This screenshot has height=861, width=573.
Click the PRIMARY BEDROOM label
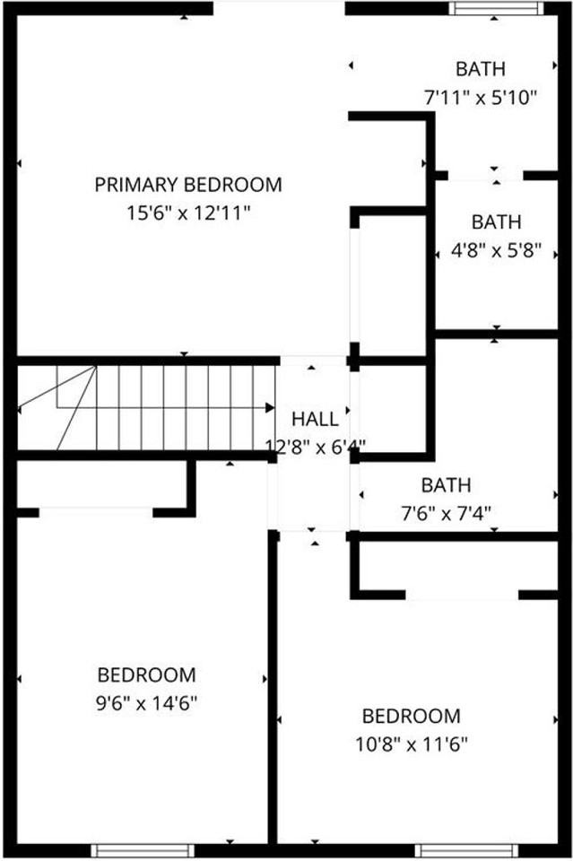(188, 185)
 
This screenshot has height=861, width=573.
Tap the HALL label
(316, 419)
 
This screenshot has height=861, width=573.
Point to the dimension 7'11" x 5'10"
(480, 97)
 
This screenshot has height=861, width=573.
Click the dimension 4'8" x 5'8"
(496, 251)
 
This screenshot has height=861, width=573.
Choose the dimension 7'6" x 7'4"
(446, 514)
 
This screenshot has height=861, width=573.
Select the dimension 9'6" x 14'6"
(146, 703)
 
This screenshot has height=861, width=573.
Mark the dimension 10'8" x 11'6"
(411, 744)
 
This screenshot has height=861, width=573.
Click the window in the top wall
(496, 9)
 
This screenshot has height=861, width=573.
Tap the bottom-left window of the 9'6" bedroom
(130, 850)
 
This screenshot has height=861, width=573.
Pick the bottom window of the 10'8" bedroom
(455, 850)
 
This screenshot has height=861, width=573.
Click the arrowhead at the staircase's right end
(270, 407)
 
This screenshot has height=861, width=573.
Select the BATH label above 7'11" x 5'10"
(480, 69)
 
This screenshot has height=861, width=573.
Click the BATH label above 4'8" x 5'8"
(496, 222)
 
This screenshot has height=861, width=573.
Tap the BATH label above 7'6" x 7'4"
(446, 485)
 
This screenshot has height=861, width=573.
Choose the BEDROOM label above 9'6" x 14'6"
(146, 674)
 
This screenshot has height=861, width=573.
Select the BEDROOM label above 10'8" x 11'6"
(411, 717)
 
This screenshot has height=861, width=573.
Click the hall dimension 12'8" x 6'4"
(316, 446)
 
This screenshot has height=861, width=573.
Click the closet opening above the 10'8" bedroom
(462, 595)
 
